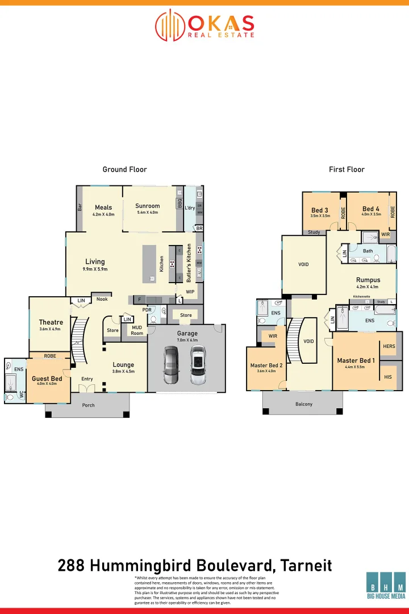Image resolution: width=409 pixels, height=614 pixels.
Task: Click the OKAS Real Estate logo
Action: (x=204, y=25)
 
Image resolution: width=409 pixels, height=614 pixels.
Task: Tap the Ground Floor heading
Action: (x=124, y=169)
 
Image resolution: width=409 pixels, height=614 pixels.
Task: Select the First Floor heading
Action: (x=347, y=169)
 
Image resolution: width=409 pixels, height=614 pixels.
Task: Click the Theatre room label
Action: (x=51, y=322)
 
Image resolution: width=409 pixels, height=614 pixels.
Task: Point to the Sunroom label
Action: (x=148, y=206)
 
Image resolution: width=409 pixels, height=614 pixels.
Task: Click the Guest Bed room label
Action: (x=47, y=379)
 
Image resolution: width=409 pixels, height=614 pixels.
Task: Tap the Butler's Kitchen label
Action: (x=189, y=263)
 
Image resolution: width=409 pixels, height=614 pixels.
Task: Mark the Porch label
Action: (x=88, y=405)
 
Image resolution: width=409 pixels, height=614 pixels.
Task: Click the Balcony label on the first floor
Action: (x=304, y=404)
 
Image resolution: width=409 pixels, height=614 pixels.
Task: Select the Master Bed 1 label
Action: (x=356, y=360)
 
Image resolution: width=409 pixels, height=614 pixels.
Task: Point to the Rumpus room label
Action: (x=368, y=280)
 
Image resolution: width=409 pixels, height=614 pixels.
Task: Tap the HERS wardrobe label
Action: (x=389, y=346)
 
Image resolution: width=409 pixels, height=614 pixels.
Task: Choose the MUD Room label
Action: (x=137, y=330)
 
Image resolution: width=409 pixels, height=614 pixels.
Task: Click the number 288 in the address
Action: (x=72, y=565)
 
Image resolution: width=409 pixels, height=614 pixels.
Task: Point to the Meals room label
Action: (x=103, y=208)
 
